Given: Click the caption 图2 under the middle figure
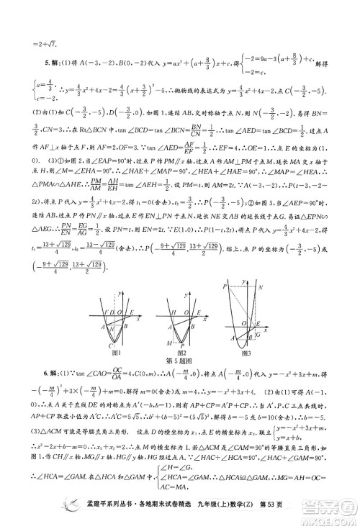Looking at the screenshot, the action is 181,353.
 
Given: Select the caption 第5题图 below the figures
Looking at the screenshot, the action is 180,361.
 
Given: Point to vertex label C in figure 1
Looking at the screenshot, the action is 109,344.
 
